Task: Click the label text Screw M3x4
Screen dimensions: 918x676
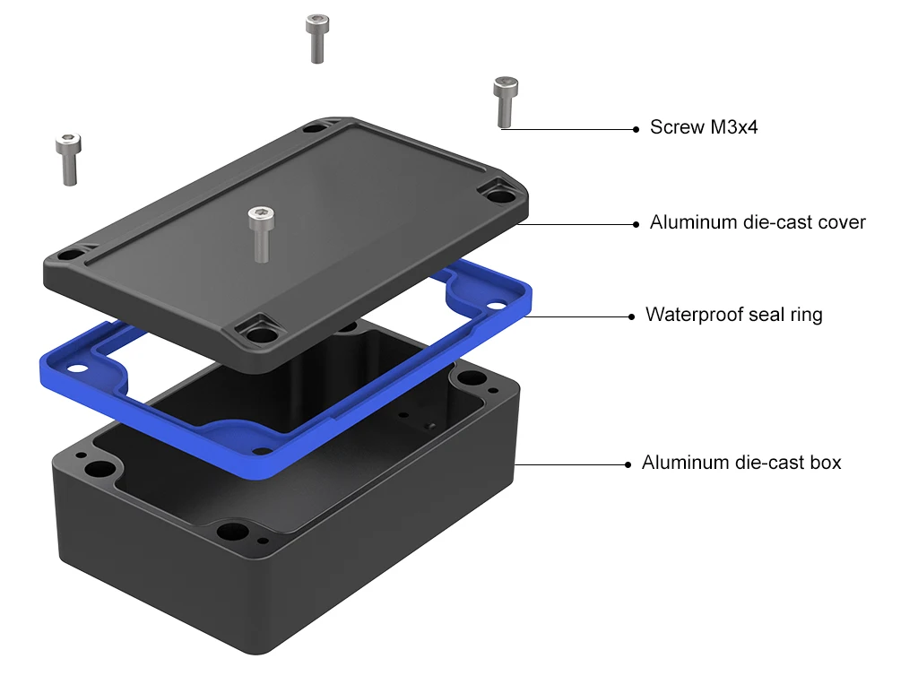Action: pos(703,127)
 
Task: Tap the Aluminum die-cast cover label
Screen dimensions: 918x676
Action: pos(757,222)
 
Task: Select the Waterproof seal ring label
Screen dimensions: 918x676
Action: pos(733,315)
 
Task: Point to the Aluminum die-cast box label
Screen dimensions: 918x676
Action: pos(741,463)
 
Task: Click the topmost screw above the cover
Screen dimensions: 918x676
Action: pos(316,39)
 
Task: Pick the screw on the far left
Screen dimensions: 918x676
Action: pos(68,160)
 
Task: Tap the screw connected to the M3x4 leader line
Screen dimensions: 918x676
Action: pos(505,102)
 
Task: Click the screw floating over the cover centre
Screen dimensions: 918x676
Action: pos(261,233)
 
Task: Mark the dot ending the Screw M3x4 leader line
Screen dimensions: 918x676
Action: pos(636,129)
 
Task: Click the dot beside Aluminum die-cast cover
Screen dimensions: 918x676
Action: pos(636,224)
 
